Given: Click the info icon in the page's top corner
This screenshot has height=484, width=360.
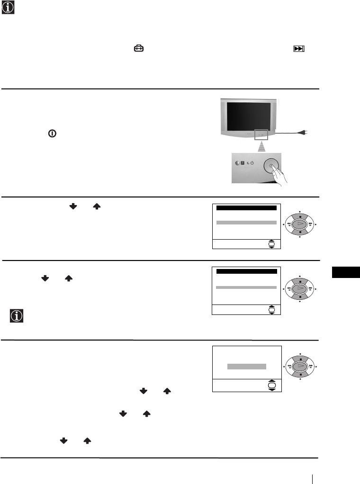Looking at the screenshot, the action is click(8, 7).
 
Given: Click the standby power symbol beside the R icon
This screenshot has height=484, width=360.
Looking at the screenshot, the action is click(252, 162).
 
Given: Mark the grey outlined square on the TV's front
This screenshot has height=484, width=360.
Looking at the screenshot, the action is click(261, 134).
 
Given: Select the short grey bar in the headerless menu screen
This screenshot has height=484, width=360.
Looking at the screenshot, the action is click(246, 367).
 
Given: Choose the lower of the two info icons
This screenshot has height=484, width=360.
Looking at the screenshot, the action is click(17, 316).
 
